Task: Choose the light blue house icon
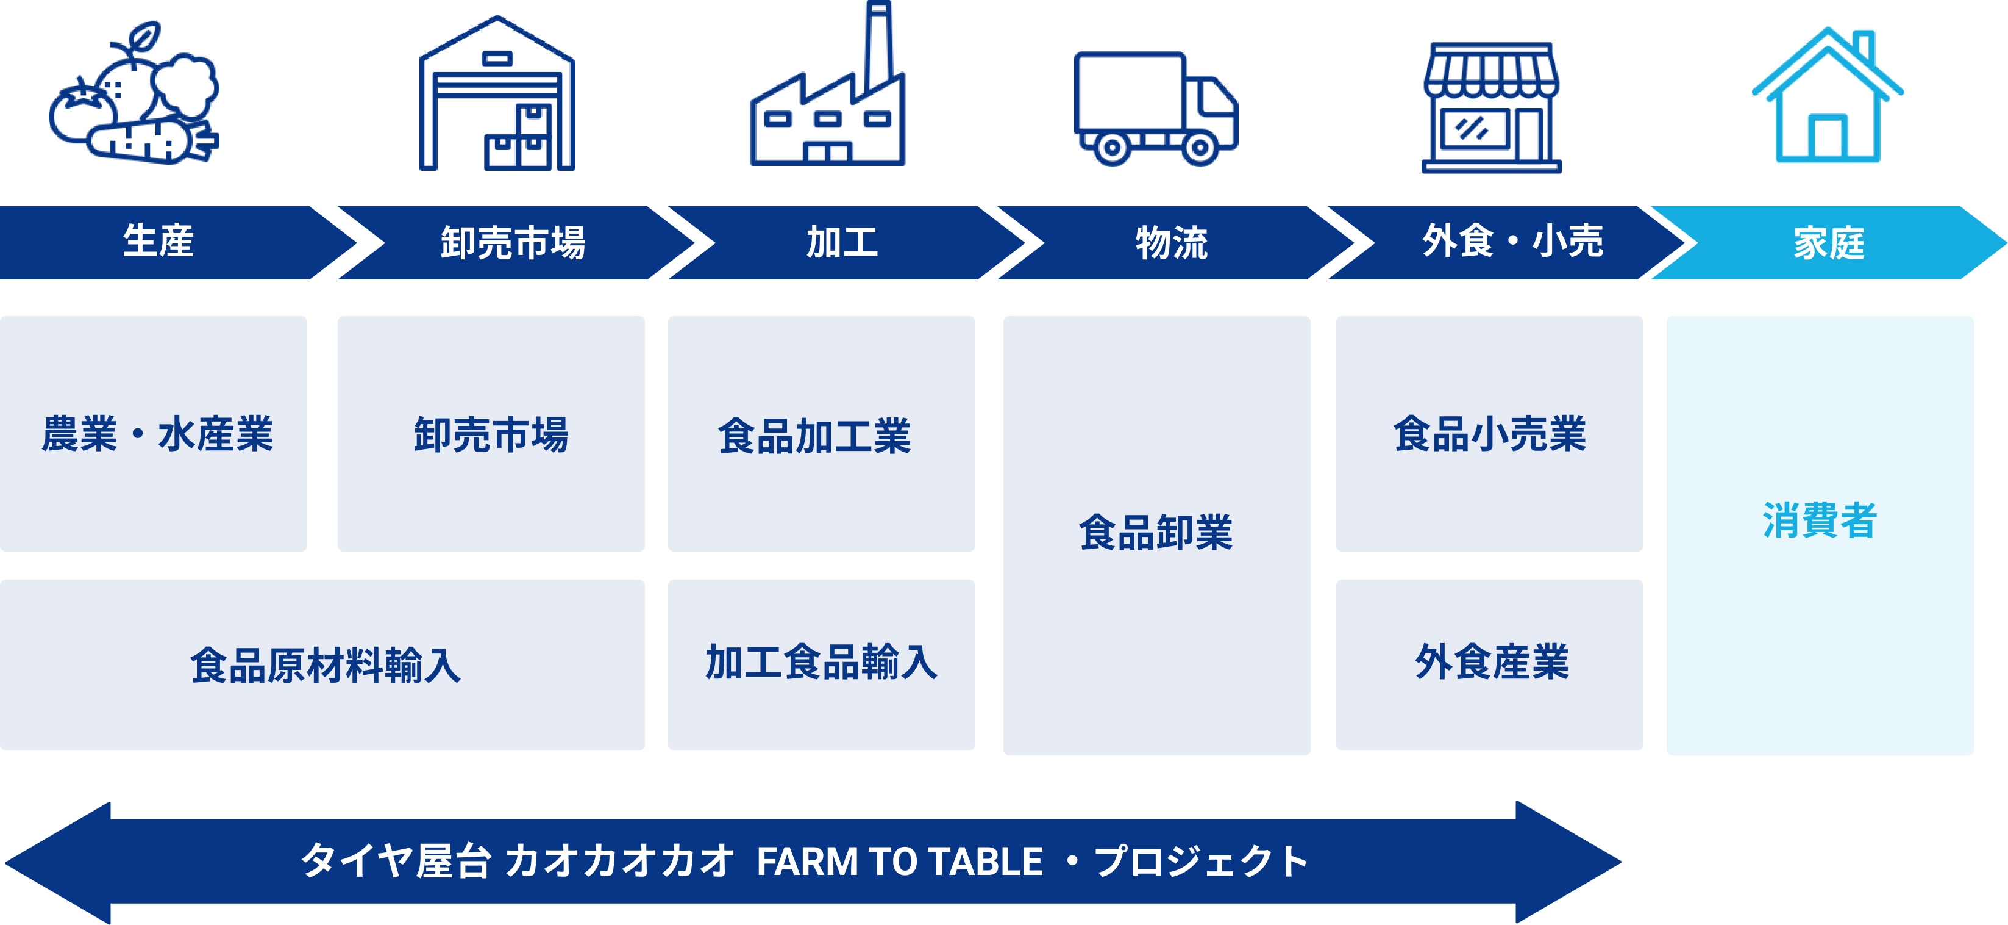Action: click(1827, 98)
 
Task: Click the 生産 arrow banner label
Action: click(158, 242)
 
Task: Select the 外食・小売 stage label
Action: click(1512, 242)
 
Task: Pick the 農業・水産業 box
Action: click(157, 434)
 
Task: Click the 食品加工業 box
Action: click(814, 435)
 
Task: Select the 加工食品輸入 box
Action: click(821, 663)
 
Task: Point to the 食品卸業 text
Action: click(1155, 533)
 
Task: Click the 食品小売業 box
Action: click(1489, 434)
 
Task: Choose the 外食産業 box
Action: click(1491, 663)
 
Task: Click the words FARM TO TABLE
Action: click(899, 862)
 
